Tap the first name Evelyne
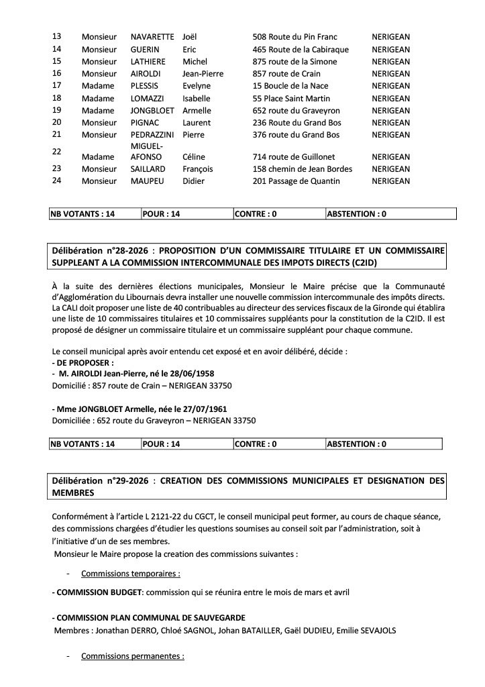click(197, 86)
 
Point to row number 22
click(57, 151)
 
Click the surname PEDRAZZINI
click(152, 135)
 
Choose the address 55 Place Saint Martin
click(291, 98)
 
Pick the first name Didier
click(194, 181)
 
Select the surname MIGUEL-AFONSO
click(148, 151)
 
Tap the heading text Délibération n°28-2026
click(102, 250)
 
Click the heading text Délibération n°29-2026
click(102, 481)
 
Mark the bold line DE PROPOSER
click(80, 362)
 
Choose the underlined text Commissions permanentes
click(132, 655)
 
